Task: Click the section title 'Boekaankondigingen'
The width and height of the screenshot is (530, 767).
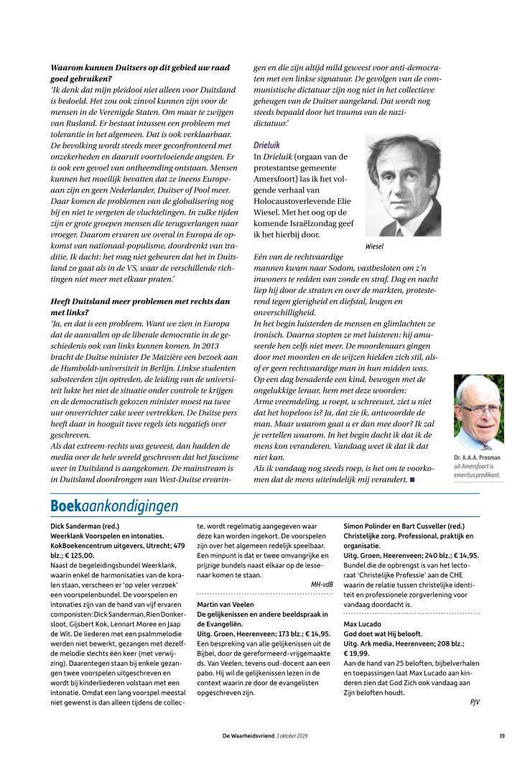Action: (x=114, y=506)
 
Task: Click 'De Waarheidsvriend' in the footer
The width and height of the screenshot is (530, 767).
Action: (x=248, y=735)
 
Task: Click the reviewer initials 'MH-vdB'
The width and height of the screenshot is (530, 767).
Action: (x=321, y=584)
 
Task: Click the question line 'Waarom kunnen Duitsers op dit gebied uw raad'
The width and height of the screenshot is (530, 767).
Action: (x=140, y=68)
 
